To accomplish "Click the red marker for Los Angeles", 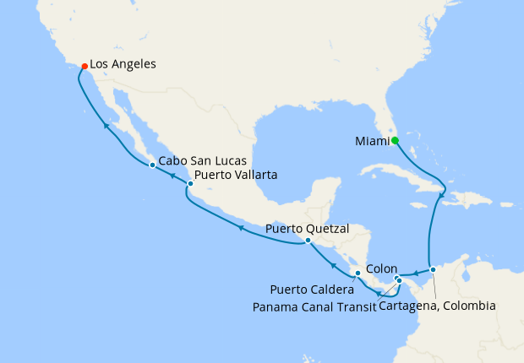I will click(x=84, y=66).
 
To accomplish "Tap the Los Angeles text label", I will click(x=122, y=63).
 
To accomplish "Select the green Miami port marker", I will click(x=395, y=141).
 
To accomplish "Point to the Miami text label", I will click(x=368, y=141).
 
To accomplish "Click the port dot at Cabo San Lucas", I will click(x=151, y=165).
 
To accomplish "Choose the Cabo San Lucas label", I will click(x=201, y=160).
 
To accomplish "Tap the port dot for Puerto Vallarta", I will click(x=190, y=183).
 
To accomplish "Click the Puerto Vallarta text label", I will click(x=235, y=176).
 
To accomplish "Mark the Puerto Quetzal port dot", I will click(x=308, y=240).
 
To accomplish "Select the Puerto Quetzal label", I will click(x=307, y=228).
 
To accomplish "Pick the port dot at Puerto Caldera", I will click(x=358, y=273).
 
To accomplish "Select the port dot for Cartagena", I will click(x=433, y=270).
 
